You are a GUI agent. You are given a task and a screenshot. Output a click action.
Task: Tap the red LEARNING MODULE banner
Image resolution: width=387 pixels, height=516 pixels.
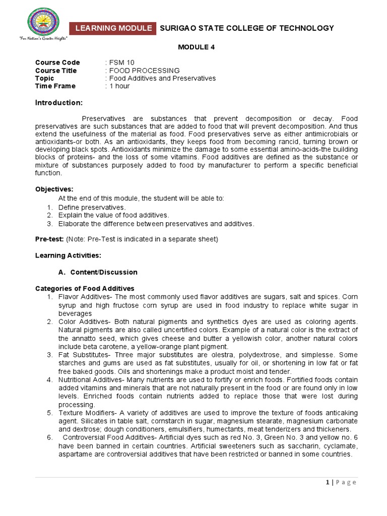click(x=113, y=28)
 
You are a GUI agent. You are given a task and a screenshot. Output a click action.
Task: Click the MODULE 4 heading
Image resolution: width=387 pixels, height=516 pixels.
click(x=193, y=47)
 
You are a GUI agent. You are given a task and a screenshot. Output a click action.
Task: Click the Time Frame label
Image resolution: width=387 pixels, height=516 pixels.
click(x=55, y=86)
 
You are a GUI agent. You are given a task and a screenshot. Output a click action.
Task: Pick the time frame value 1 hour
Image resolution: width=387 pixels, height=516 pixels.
click(x=119, y=86)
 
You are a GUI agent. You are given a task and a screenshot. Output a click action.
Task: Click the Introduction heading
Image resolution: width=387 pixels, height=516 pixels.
click(x=58, y=103)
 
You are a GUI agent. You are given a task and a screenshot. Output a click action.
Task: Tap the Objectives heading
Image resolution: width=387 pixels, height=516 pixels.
click(x=54, y=189)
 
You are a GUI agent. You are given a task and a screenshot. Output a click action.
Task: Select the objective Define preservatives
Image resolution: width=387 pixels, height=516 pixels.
click(x=92, y=207)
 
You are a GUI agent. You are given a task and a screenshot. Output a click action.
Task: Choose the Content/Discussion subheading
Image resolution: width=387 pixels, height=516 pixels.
click(x=103, y=272)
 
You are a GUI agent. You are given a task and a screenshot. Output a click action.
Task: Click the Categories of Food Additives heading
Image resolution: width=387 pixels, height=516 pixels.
click(x=85, y=288)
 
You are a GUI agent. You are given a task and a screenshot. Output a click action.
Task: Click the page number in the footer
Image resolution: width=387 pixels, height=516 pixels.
click(x=328, y=482)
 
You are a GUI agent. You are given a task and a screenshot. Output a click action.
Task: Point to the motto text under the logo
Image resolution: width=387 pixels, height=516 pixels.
click(x=43, y=39)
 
